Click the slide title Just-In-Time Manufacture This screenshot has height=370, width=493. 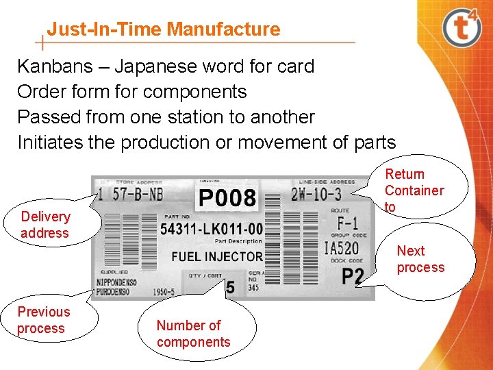pos(164,29)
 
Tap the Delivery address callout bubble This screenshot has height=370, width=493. pos(45,225)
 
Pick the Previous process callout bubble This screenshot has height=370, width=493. pos(44,320)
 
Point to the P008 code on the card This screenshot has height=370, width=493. pos(227,199)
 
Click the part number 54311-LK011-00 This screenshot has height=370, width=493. pos(211,229)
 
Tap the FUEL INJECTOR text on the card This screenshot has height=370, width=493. pos(216,257)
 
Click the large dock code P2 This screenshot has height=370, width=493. pos(352,277)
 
